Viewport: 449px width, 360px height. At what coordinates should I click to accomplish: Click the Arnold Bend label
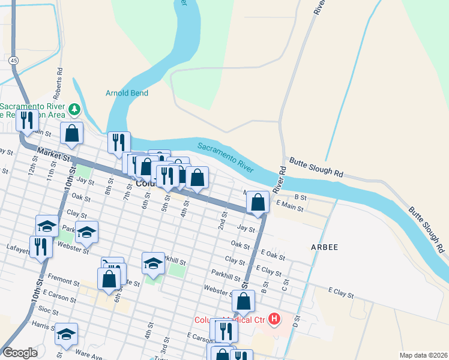127,93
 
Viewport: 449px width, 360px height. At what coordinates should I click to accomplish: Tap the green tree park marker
74,109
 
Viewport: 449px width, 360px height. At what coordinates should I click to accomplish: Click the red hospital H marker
274,318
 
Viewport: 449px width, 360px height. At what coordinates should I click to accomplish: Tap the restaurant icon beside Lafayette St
40,247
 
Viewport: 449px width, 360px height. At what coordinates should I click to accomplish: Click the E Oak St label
273,256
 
